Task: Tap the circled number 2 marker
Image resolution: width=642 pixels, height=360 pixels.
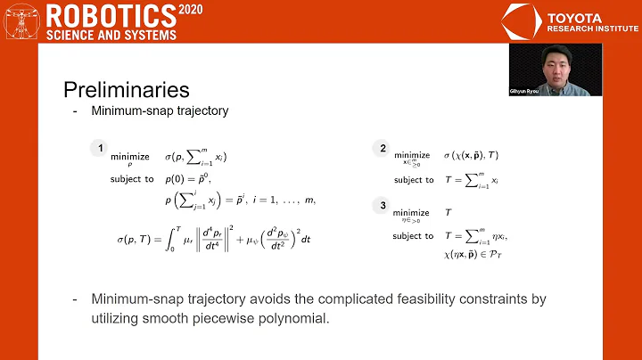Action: [x=383, y=149]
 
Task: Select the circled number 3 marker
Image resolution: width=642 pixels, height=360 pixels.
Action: [x=383, y=204]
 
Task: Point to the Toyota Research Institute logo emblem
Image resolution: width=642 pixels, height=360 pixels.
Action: [x=520, y=20]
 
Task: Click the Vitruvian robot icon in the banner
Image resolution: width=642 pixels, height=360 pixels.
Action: [x=21, y=20]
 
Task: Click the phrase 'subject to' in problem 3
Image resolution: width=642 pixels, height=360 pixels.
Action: [x=413, y=235]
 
